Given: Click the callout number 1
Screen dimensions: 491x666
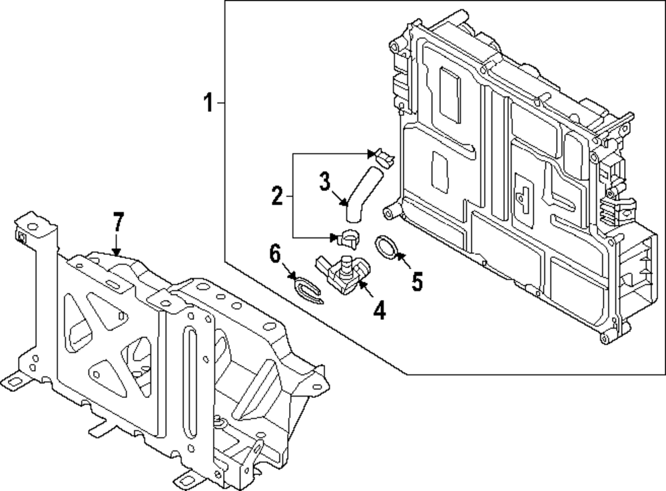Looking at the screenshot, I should (208, 103).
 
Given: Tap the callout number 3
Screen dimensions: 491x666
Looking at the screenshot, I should (324, 180).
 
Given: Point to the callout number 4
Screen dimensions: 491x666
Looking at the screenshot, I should (379, 309).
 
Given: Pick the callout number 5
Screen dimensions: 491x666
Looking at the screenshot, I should (417, 281).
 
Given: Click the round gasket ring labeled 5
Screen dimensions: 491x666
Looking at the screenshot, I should (386, 247).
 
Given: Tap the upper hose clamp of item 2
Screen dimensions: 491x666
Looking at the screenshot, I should (383, 158).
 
